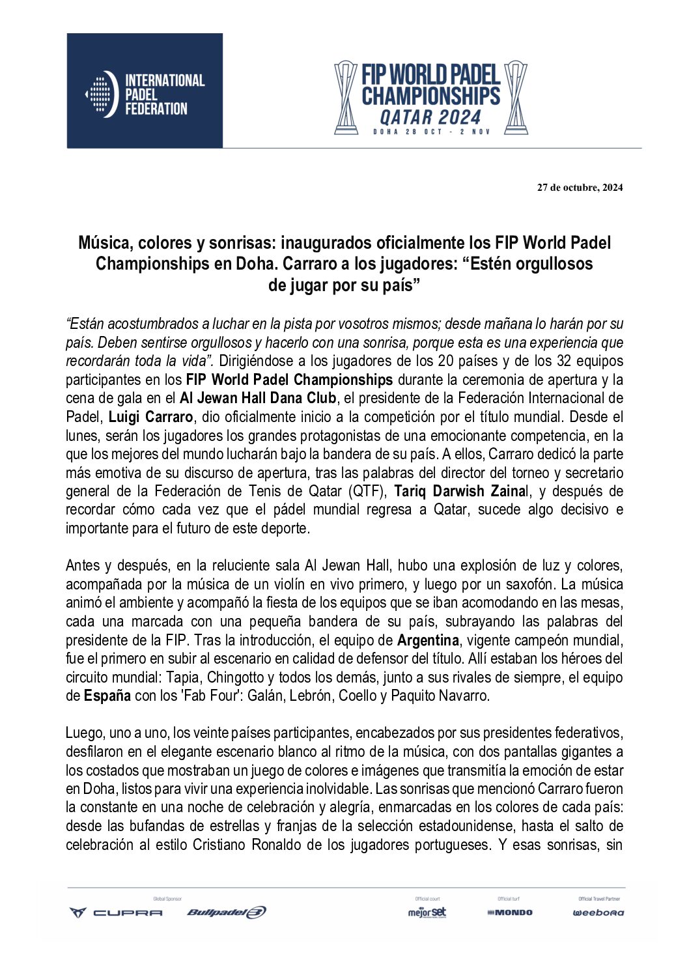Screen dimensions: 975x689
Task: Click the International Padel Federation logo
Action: (x=145, y=92)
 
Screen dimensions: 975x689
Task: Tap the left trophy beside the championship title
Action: (x=346, y=98)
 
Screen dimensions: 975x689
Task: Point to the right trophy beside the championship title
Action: (x=516, y=98)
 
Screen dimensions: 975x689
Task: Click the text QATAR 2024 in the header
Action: (x=430, y=118)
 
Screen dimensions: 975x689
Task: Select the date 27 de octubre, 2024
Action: (x=580, y=188)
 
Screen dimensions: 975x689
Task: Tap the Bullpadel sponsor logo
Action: (x=226, y=912)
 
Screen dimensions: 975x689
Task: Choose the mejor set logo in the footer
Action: (x=427, y=912)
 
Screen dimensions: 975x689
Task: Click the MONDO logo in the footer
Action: (x=510, y=912)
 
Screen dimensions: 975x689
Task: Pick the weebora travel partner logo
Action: (x=598, y=912)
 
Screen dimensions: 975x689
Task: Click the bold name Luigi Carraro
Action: (x=150, y=417)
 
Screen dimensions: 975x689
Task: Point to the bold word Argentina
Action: (x=428, y=640)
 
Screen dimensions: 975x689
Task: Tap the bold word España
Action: (x=107, y=696)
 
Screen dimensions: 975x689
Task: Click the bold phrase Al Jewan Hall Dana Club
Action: (x=258, y=398)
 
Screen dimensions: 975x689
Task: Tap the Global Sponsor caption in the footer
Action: (x=167, y=899)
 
